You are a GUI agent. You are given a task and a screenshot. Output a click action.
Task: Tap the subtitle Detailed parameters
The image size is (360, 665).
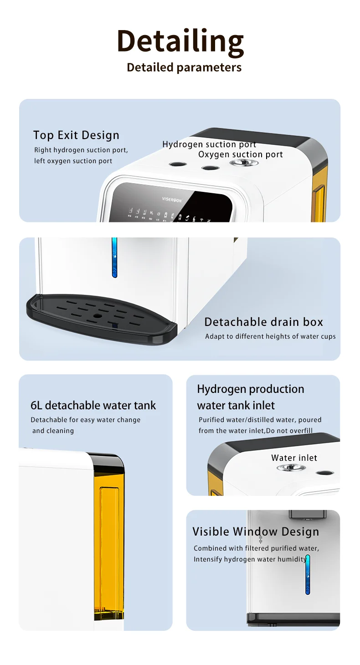tap(184, 67)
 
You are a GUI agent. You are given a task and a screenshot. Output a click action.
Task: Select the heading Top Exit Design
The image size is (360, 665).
tap(76, 135)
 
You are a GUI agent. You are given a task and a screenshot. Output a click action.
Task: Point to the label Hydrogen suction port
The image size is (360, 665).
tap(209, 144)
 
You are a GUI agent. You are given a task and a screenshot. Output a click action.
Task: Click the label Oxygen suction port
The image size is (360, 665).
tap(240, 155)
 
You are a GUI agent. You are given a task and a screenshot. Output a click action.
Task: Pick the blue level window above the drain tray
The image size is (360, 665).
tap(114, 258)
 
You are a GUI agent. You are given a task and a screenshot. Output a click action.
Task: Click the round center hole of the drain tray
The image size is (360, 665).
tap(97, 315)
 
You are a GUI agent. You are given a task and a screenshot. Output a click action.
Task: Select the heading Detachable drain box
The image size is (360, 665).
tap(263, 322)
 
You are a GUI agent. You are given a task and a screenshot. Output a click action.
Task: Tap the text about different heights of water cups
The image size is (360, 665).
tap(270, 336)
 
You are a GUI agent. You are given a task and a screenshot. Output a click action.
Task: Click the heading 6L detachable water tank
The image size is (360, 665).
tap(93, 405)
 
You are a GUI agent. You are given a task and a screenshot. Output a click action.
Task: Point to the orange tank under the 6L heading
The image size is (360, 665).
tap(108, 552)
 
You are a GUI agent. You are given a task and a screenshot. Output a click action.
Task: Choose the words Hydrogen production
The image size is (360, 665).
tap(250, 389)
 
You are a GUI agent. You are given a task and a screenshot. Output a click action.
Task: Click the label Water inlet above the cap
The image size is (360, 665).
tap(294, 458)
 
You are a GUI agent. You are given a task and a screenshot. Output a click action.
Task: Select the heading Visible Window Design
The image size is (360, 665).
tap(255, 531)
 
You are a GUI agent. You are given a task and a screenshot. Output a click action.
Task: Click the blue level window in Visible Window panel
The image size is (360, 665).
tap(308, 574)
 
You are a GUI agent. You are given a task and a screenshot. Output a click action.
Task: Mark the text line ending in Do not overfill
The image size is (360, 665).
tap(255, 431)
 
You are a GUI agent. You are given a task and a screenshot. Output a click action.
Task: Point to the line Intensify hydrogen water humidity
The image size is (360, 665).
tap(250, 559)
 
